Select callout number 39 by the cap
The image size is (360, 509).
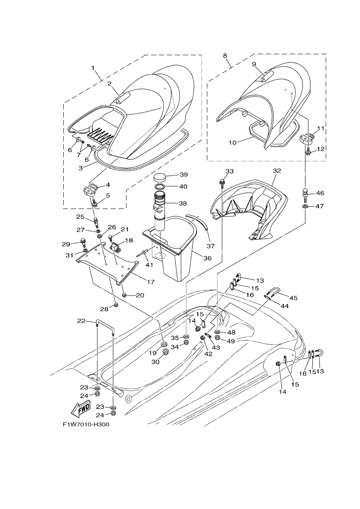pos(183,174)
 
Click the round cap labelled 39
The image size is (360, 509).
pos(161,177)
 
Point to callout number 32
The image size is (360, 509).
pos(277,171)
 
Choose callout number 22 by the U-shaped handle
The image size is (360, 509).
pos(81,321)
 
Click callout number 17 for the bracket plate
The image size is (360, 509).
pos(151,282)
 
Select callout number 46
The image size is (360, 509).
pos(320,193)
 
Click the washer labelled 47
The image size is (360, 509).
pos(305,206)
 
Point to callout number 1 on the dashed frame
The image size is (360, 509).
pos(93,68)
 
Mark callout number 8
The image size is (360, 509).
pos(225,56)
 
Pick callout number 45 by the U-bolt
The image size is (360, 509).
pos(294,298)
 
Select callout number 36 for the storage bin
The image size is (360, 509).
pos(207,258)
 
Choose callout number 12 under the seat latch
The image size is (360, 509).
pos(320,149)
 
